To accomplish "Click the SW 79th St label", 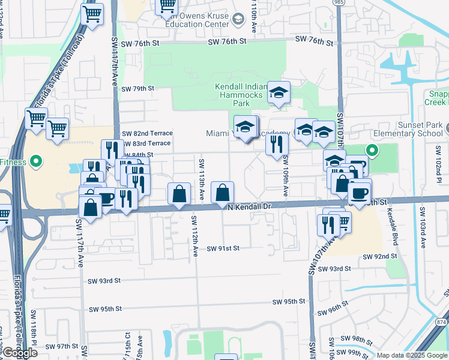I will (137, 89).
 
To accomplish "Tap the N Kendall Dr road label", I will (250, 206).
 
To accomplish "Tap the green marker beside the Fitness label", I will (35, 161).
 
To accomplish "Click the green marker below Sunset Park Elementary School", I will (372, 151).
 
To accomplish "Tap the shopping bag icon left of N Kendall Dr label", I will (222, 193).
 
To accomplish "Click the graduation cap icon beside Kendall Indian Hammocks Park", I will (279, 92).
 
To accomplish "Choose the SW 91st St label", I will (223, 248).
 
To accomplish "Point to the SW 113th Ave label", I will (202, 179).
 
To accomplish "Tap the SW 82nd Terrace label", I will (147, 133).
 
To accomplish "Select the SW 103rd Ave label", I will (423, 228).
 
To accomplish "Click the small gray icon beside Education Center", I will (238, 20).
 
